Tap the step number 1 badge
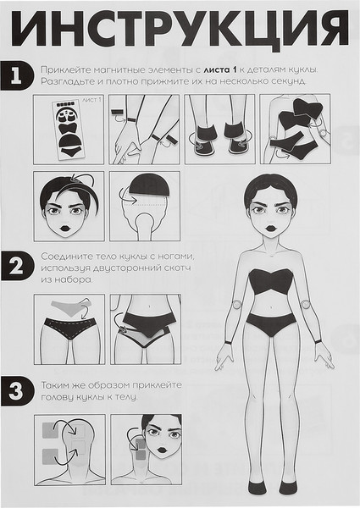tap(16, 75)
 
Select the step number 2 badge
tap(17, 266)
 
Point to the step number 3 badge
tap(17, 390)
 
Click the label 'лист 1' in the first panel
tap(91, 100)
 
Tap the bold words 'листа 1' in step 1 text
tap(220, 69)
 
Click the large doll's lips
tap(270, 227)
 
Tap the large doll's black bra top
tap(270, 281)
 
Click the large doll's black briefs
tap(271, 324)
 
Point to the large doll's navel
tap(271, 306)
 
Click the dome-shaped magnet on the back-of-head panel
tap(149, 185)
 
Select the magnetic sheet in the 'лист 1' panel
tap(69, 130)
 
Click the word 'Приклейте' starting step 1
tap(65, 69)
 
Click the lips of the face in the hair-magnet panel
tap(66, 228)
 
